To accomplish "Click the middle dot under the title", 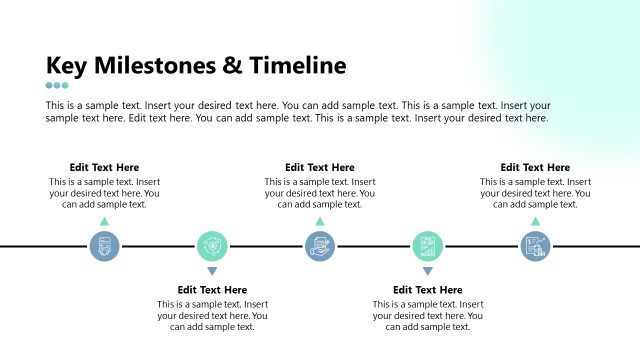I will [57, 86].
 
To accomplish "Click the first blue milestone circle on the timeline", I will [104, 246].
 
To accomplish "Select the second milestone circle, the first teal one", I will [212, 246].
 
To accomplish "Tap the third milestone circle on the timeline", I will [320, 246].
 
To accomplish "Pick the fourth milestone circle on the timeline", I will [428, 246].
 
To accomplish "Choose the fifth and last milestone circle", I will [535, 246].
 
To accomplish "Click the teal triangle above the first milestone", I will [104, 221].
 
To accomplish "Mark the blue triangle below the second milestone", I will [212, 271].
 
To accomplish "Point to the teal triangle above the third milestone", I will [320, 221].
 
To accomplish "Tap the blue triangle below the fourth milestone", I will [428, 271].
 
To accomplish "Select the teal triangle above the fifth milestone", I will [535, 221].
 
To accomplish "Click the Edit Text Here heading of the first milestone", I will [104, 167].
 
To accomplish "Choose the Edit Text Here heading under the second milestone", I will [212, 290].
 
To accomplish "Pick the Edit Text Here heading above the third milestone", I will [320, 167].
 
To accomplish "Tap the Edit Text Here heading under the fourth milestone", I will [428, 290].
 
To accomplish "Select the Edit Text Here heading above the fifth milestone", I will [535, 167].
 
